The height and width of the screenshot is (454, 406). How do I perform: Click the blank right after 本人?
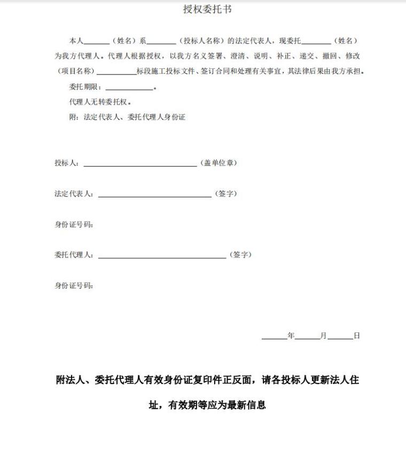click(97, 42)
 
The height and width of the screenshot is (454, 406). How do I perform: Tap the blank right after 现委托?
click(316, 42)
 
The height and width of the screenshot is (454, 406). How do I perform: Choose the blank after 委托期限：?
click(129, 87)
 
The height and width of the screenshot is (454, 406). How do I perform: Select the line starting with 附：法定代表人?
click(127, 117)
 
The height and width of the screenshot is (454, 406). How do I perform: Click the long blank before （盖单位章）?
click(140, 164)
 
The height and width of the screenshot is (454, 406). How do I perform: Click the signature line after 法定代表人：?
click(154, 195)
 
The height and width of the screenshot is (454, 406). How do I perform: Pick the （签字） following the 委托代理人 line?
click(240, 254)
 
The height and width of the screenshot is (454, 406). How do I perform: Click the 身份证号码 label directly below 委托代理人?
click(74, 285)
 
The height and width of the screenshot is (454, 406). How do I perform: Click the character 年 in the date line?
click(291, 336)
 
